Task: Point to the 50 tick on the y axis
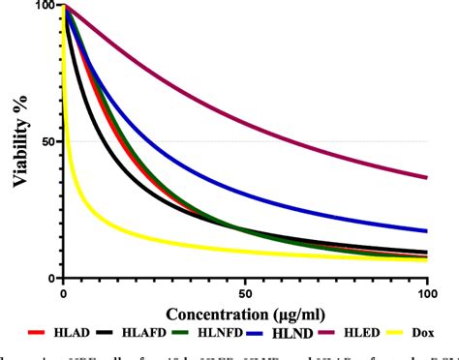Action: point(45,141)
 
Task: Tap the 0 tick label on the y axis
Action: point(50,278)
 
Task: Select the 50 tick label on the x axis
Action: point(244,293)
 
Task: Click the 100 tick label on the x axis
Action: point(426,293)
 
